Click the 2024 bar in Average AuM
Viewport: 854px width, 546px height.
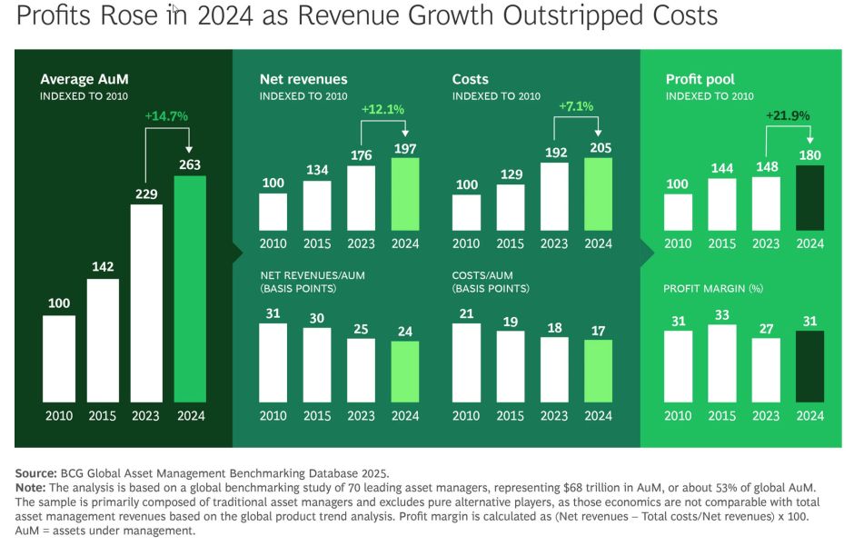pyautogui.click(x=190, y=289)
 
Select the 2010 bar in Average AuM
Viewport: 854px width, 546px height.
pyautogui.click(x=59, y=359)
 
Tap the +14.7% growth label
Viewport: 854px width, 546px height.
pyautogui.click(x=166, y=116)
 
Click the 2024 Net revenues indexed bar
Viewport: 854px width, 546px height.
pyautogui.click(x=405, y=194)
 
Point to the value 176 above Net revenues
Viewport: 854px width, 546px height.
pyautogui.click(x=361, y=155)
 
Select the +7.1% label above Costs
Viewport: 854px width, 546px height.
pyautogui.click(x=576, y=106)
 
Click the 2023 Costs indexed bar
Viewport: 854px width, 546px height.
pyautogui.click(x=554, y=196)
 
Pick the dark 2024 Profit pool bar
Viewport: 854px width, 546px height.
pyautogui.click(x=809, y=198)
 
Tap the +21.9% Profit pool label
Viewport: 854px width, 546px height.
pyautogui.click(x=788, y=115)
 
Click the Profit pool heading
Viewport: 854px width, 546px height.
pyautogui.click(x=700, y=79)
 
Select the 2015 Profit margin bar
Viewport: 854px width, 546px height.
pyautogui.click(x=722, y=363)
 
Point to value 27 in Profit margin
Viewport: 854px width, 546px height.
pyautogui.click(x=766, y=329)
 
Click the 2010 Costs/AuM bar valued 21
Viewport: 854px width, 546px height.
pyautogui.click(x=466, y=363)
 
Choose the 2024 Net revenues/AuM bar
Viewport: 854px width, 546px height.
pyautogui.click(x=405, y=372)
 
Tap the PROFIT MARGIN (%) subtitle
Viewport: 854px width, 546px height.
pyautogui.click(x=713, y=289)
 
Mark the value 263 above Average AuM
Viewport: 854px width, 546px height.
pyautogui.click(x=190, y=164)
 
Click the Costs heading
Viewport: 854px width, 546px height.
pyautogui.click(x=470, y=79)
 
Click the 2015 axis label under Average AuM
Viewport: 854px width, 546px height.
pyautogui.click(x=103, y=416)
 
